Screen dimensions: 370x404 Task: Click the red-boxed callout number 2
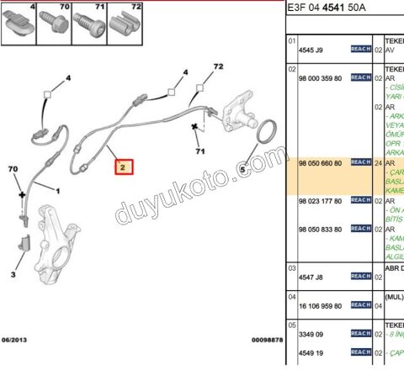pyautogui.click(x=123, y=167)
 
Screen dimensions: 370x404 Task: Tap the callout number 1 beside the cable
pyautogui.click(x=58, y=191)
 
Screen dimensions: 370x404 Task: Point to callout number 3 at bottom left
pyautogui.click(x=13, y=275)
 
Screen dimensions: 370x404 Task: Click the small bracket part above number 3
pyautogui.click(x=24, y=247)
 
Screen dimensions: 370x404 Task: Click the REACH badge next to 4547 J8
pyautogui.click(x=360, y=276)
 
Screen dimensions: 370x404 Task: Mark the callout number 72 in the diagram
pyautogui.click(x=218, y=66)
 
